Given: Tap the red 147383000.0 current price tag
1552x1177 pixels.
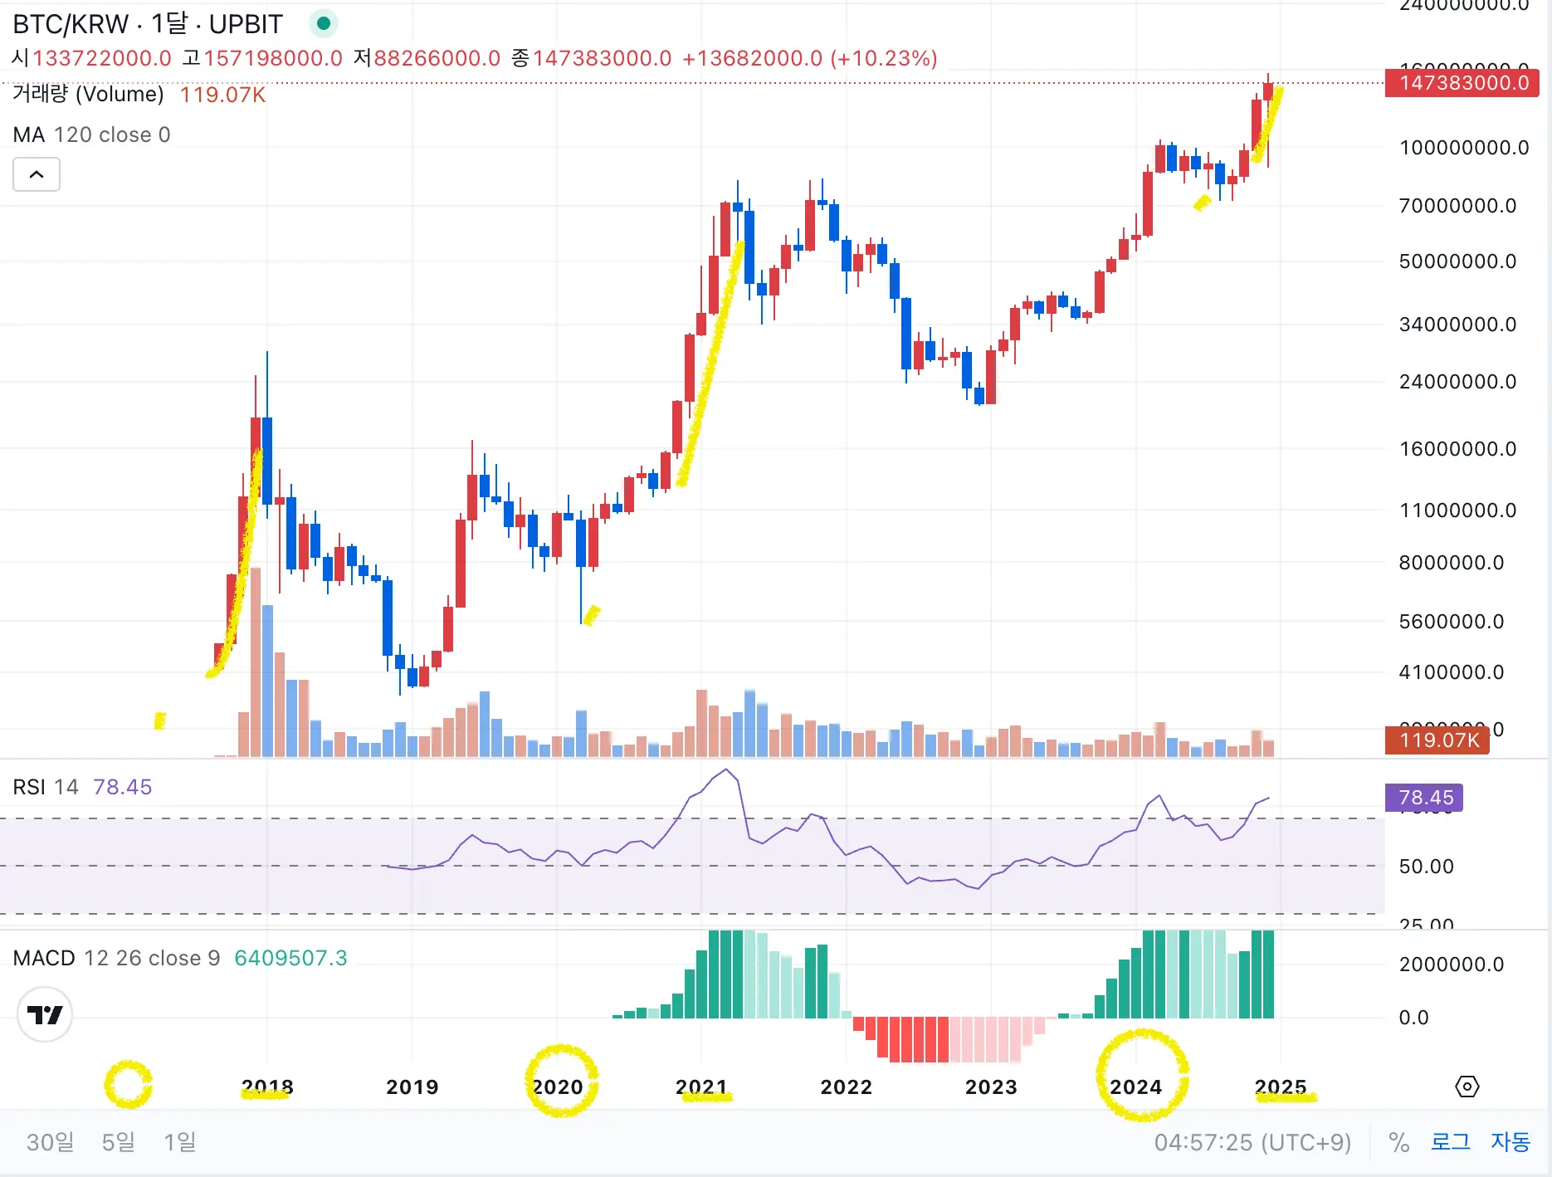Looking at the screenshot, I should tap(1462, 83).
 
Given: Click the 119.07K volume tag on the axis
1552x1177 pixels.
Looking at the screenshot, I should tap(1437, 740).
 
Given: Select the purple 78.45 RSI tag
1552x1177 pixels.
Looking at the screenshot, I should tap(1424, 798).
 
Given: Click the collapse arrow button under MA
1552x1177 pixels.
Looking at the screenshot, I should tap(37, 174).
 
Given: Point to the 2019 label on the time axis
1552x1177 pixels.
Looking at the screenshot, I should tap(412, 1087).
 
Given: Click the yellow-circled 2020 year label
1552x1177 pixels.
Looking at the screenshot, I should tap(558, 1087).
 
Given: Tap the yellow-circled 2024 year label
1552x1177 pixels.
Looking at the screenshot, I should tap(1135, 1087).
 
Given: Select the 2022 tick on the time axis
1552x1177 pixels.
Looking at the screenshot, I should tap(846, 1087).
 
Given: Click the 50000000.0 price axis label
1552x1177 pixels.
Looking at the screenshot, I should tap(1457, 261).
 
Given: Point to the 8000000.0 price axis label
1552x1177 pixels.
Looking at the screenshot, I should tap(1452, 563).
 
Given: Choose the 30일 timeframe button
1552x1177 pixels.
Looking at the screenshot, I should tap(50, 1142).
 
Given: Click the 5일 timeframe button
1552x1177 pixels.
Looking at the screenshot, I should tap(118, 1142).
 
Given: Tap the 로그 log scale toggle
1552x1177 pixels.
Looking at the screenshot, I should tap(1450, 1142).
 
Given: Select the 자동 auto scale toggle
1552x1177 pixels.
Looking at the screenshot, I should tap(1510, 1142).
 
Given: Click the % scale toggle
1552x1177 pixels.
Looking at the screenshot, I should tap(1398, 1142).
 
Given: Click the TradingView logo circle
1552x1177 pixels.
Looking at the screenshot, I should tap(45, 1014).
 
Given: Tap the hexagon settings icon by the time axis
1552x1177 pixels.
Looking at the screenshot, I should tap(1467, 1087).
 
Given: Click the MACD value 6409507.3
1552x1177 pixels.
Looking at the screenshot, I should tap(290, 958).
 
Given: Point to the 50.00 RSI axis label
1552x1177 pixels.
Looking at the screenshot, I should tap(1426, 867).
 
